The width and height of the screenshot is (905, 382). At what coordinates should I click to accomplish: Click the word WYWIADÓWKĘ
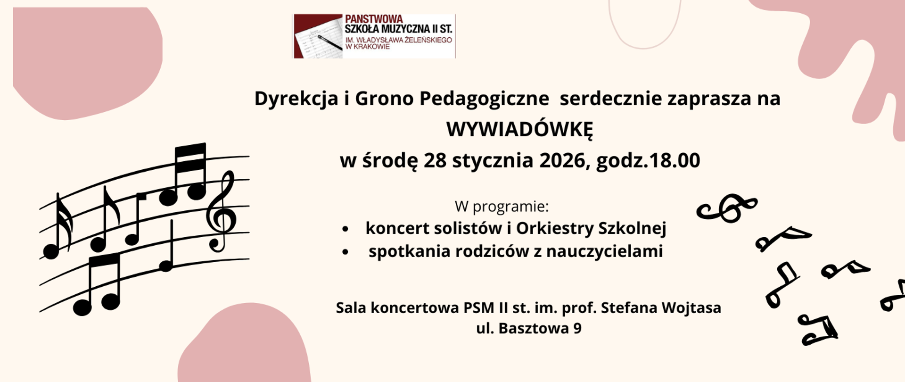[x=519, y=130]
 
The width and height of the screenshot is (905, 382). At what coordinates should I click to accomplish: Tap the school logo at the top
[x=374, y=36]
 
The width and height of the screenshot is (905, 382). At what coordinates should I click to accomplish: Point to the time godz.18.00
[x=648, y=161]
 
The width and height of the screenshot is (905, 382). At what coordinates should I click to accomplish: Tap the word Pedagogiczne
[x=484, y=99]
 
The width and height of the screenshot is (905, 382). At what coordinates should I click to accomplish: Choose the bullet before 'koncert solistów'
[x=346, y=229]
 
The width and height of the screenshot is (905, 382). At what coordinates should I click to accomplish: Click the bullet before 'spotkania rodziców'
[x=346, y=252]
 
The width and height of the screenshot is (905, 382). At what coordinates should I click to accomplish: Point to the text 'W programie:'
[x=502, y=207]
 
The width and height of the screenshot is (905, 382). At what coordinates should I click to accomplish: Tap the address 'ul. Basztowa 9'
[x=528, y=328]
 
